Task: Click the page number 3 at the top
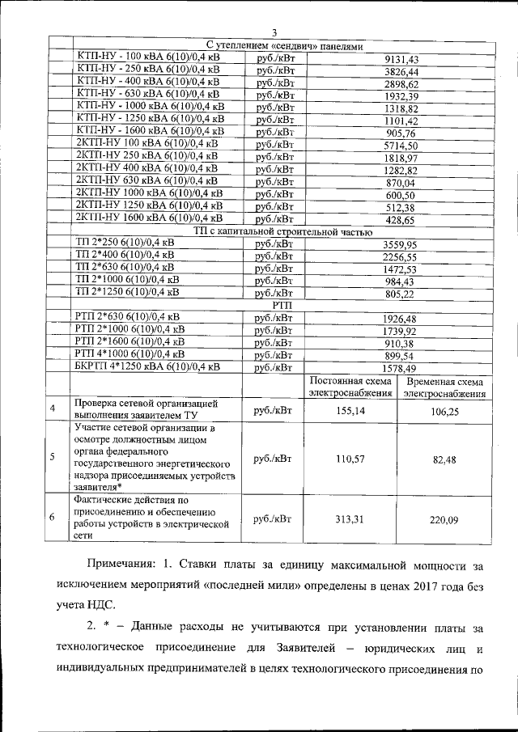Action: click(x=274, y=32)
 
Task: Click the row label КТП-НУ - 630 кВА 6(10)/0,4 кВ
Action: click(x=146, y=93)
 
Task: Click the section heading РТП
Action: click(x=282, y=305)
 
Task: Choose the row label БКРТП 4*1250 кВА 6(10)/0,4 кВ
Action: click(x=146, y=366)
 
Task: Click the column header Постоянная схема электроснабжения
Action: click(x=347, y=387)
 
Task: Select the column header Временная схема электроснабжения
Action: click(x=444, y=387)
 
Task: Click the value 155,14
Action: click(x=347, y=411)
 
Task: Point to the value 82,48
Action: click(x=444, y=459)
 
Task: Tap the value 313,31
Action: click(x=347, y=519)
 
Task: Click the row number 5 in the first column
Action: click(x=53, y=458)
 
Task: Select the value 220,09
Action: click(x=444, y=519)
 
